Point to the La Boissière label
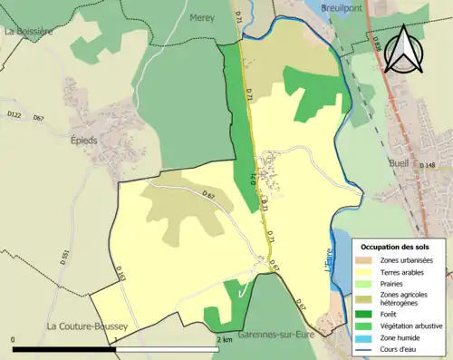30,31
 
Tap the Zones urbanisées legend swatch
367,260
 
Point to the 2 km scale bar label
226,340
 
